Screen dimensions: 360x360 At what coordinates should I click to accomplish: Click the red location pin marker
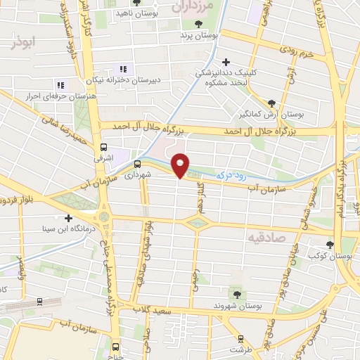pyautogui.click(x=181, y=165)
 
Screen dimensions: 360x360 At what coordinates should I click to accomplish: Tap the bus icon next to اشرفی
pyautogui.click(x=103, y=148)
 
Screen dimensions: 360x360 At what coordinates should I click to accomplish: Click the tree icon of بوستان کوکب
pyautogui.click(x=330, y=244)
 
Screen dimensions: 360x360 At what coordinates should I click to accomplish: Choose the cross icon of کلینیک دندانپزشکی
pyautogui.click(x=225, y=63)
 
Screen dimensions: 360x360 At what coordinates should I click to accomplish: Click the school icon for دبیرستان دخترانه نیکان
pyautogui.click(x=123, y=69)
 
